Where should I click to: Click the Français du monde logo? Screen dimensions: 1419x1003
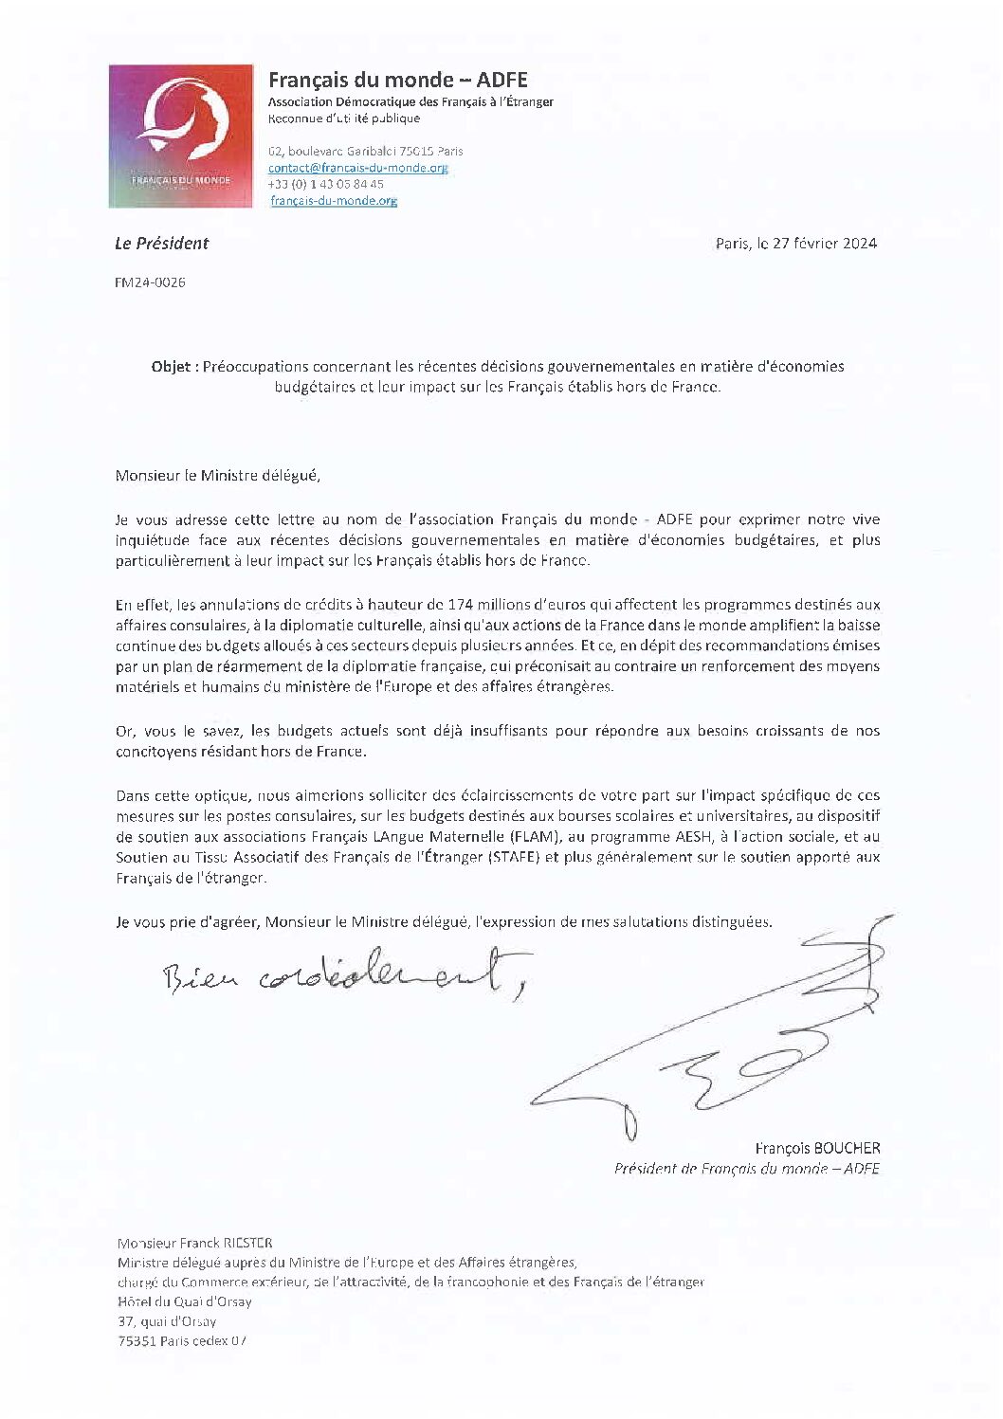pos(181,136)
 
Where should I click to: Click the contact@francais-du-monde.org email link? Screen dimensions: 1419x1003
pos(356,168)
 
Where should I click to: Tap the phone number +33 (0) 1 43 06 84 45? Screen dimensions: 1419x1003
pos(325,184)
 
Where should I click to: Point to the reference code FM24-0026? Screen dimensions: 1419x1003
pos(150,282)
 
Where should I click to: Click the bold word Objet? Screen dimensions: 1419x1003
pos(173,366)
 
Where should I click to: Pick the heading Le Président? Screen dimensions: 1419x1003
pos(161,244)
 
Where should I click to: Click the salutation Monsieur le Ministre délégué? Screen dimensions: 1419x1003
pos(217,476)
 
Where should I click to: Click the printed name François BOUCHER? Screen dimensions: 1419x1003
pos(817,1148)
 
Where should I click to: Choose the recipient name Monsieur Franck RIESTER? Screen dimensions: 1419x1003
pos(194,1243)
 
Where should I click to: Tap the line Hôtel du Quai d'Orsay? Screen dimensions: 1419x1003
pos(185,1301)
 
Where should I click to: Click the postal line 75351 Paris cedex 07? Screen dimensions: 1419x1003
pos(181,1341)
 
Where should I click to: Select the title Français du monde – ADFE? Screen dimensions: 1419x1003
pos(397,80)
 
